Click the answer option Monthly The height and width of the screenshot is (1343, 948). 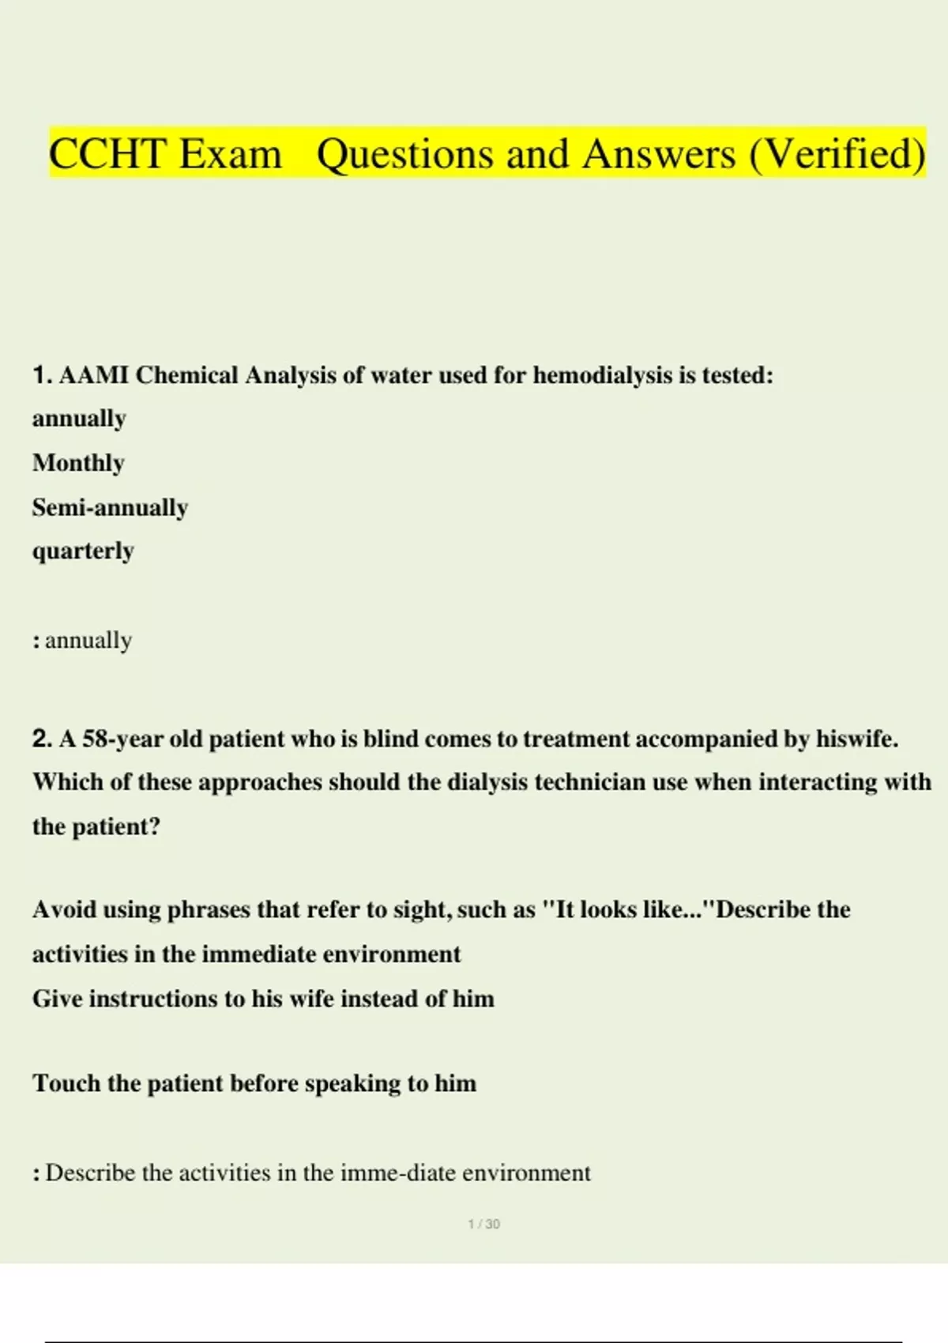click(x=78, y=463)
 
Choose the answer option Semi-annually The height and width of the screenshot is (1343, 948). click(x=110, y=507)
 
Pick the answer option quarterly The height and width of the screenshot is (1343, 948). click(x=83, y=551)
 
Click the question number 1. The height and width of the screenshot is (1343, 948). click(x=41, y=374)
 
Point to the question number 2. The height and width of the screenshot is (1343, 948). click(x=42, y=739)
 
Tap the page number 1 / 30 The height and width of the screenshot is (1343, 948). click(x=483, y=1224)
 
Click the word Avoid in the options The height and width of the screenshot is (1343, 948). click(x=65, y=909)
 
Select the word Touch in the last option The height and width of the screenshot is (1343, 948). click(x=66, y=1083)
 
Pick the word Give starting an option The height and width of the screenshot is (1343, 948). click(x=58, y=999)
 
